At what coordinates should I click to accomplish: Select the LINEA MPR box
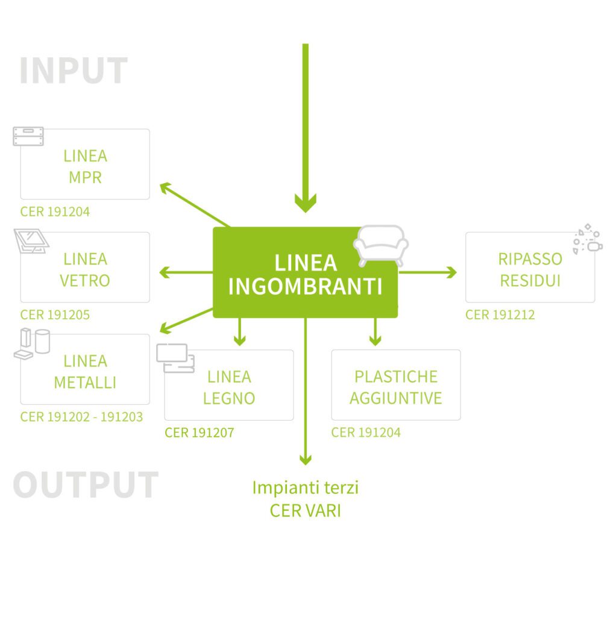tap(85, 166)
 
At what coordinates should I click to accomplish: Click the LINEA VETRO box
tap(85, 269)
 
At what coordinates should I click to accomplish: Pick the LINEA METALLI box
tap(85, 371)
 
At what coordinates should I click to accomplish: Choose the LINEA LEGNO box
tap(229, 387)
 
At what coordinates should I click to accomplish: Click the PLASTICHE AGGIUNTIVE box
tap(395, 387)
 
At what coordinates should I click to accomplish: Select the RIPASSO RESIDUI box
tap(530, 269)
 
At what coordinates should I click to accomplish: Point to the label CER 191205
tap(55, 315)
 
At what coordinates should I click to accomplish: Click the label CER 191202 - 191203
tap(81, 417)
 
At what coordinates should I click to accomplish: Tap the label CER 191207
tap(199, 433)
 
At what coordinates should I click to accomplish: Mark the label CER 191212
tap(500, 315)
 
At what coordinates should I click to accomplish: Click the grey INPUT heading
tap(74, 71)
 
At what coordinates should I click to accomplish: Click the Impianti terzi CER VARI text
tap(306, 499)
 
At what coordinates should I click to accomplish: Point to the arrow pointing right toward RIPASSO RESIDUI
tap(427, 272)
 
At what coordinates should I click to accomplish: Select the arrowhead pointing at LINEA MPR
tap(165, 187)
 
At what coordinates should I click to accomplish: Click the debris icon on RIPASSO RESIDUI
tap(587, 240)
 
